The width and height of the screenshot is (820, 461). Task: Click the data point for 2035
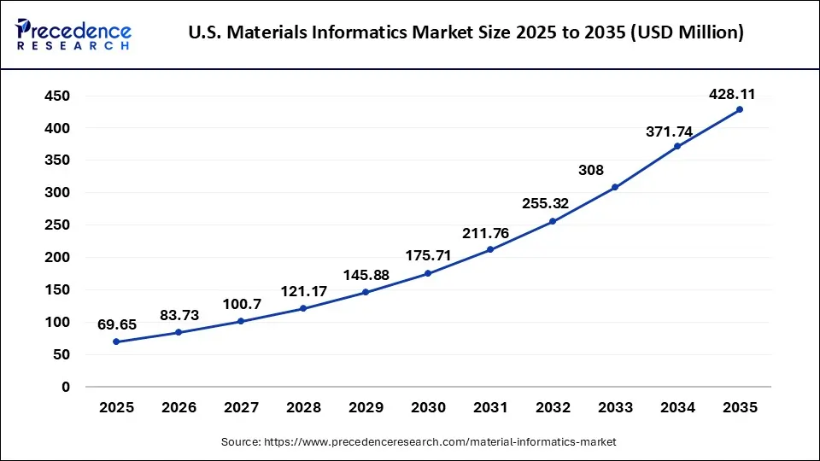tap(740, 109)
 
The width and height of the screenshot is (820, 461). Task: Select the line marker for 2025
tap(116, 341)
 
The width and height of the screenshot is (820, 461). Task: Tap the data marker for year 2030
tap(428, 273)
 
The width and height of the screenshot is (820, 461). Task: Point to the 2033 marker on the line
tap(615, 187)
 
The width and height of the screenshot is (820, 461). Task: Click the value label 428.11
tap(732, 95)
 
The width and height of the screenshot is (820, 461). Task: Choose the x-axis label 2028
tap(303, 408)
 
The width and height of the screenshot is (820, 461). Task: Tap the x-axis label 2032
tap(553, 408)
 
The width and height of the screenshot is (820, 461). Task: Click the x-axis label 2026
tap(179, 408)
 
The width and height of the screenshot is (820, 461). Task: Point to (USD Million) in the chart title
tap(686, 33)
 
